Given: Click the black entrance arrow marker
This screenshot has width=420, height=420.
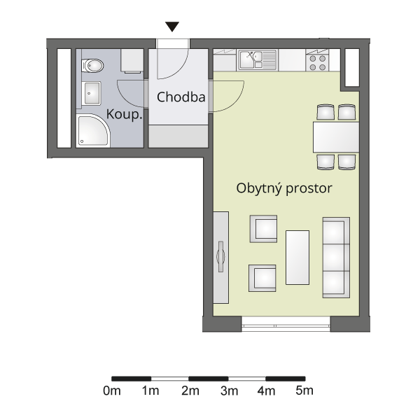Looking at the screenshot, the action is (x=172, y=27).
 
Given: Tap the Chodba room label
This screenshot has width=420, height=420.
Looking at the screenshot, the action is (x=181, y=97).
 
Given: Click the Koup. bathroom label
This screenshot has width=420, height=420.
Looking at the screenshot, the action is (x=124, y=114).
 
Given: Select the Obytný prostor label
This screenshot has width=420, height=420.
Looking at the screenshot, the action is (x=284, y=188).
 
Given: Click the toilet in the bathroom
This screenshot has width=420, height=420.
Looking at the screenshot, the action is (x=92, y=66).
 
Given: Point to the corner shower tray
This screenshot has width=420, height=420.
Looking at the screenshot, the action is (x=93, y=131).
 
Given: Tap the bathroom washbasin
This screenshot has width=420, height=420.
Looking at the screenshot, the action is (x=92, y=93).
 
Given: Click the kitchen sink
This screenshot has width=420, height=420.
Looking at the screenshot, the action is (x=258, y=59).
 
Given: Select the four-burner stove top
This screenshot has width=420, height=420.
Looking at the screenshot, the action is (x=317, y=63).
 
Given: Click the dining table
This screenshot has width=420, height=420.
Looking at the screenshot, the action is (x=336, y=137).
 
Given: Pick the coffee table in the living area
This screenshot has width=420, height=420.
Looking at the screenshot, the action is (x=297, y=258).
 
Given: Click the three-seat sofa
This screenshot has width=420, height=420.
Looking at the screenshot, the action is (x=336, y=258).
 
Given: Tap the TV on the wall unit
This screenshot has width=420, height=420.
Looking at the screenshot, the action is (x=220, y=257).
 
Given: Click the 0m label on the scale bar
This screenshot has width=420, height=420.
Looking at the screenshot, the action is (x=112, y=391).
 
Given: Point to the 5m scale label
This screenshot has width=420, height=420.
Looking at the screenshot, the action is (x=304, y=391).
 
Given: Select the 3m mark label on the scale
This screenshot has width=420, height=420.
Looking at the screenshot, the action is (x=230, y=391).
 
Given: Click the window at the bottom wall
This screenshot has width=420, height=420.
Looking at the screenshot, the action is (x=286, y=324).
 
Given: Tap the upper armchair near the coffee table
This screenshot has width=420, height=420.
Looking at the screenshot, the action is (x=264, y=229).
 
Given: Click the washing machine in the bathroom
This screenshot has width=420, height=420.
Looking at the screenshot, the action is (x=132, y=60).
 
